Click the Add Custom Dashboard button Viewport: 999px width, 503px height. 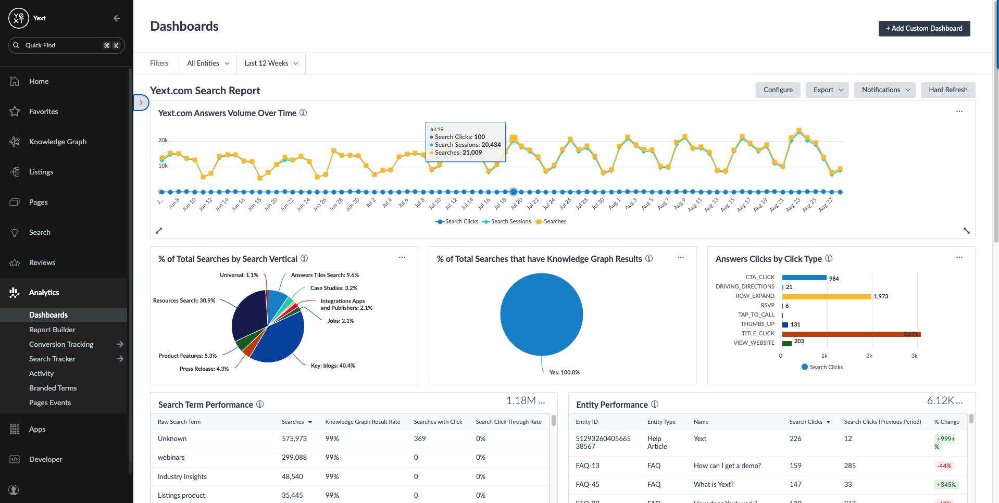point(924,29)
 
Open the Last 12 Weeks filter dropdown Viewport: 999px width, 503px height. point(271,64)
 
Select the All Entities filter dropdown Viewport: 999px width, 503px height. point(208,64)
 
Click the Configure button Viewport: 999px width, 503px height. point(778,90)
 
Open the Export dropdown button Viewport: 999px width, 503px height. point(827,90)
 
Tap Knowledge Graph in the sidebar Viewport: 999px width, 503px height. point(57,142)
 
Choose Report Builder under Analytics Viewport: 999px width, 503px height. point(52,330)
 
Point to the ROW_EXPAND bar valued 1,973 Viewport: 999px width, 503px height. point(826,296)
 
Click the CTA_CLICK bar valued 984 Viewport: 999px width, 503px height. point(804,278)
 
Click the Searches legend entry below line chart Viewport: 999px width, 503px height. point(554,222)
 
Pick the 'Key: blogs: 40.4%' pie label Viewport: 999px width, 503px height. point(332,366)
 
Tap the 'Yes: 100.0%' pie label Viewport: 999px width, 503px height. point(564,372)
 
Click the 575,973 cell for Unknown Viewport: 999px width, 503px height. point(294,439)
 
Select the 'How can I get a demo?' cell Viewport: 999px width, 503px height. point(727,466)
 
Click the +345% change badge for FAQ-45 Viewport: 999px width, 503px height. point(946,485)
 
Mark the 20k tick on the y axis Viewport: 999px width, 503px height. point(163,140)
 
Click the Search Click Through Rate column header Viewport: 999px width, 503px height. point(508,422)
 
